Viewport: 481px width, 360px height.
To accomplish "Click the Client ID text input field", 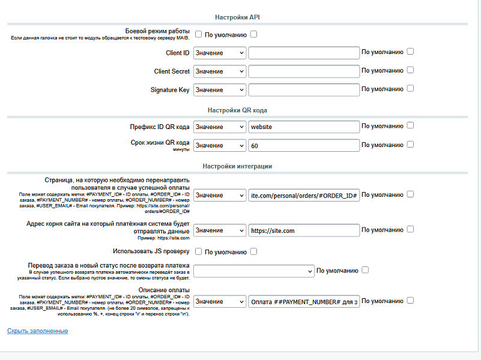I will pyautogui.click(x=303, y=53).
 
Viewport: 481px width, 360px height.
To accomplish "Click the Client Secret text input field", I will pyautogui.click(x=303, y=71).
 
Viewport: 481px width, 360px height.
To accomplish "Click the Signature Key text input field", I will pyautogui.click(x=303, y=90).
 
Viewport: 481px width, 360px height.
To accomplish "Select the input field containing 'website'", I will pyautogui.click(x=303, y=127).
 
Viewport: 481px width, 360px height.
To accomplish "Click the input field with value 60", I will pyautogui.click(x=303, y=146).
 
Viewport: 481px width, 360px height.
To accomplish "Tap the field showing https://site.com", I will pyautogui.click(x=303, y=230).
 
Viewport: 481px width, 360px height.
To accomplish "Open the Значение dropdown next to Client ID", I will pyautogui.click(x=219, y=53).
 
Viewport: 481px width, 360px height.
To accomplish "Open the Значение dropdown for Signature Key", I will pyautogui.click(x=219, y=90).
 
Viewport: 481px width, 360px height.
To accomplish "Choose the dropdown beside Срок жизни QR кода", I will pyautogui.click(x=219, y=146).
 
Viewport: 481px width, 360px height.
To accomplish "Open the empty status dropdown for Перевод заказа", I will pyautogui.click(x=253, y=271).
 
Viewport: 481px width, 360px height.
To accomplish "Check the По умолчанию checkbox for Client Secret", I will pyautogui.click(x=410, y=70).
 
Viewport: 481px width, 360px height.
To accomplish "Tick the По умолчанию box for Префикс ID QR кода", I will pyautogui.click(x=410, y=126).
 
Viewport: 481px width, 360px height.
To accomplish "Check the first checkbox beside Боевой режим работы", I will pyautogui.click(x=198, y=34).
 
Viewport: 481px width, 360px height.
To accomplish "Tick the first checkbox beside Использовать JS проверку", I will pyautogui.click(x=198, y=251).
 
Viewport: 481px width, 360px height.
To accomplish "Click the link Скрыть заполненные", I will pyautogui.click(x=37, y=331).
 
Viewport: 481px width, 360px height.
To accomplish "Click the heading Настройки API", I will pyautogui.click(x=237, y=17).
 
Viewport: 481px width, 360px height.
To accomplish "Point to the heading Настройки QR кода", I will pyautogui.click(x=237, y=110).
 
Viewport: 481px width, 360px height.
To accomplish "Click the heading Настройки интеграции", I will pyautogui.click(x=237, y=166).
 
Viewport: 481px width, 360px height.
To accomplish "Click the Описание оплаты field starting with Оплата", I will pyautogui.click(x=303, y=302).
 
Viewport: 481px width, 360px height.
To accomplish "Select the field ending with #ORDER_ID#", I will pyautogui.click(x=303, y=195).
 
